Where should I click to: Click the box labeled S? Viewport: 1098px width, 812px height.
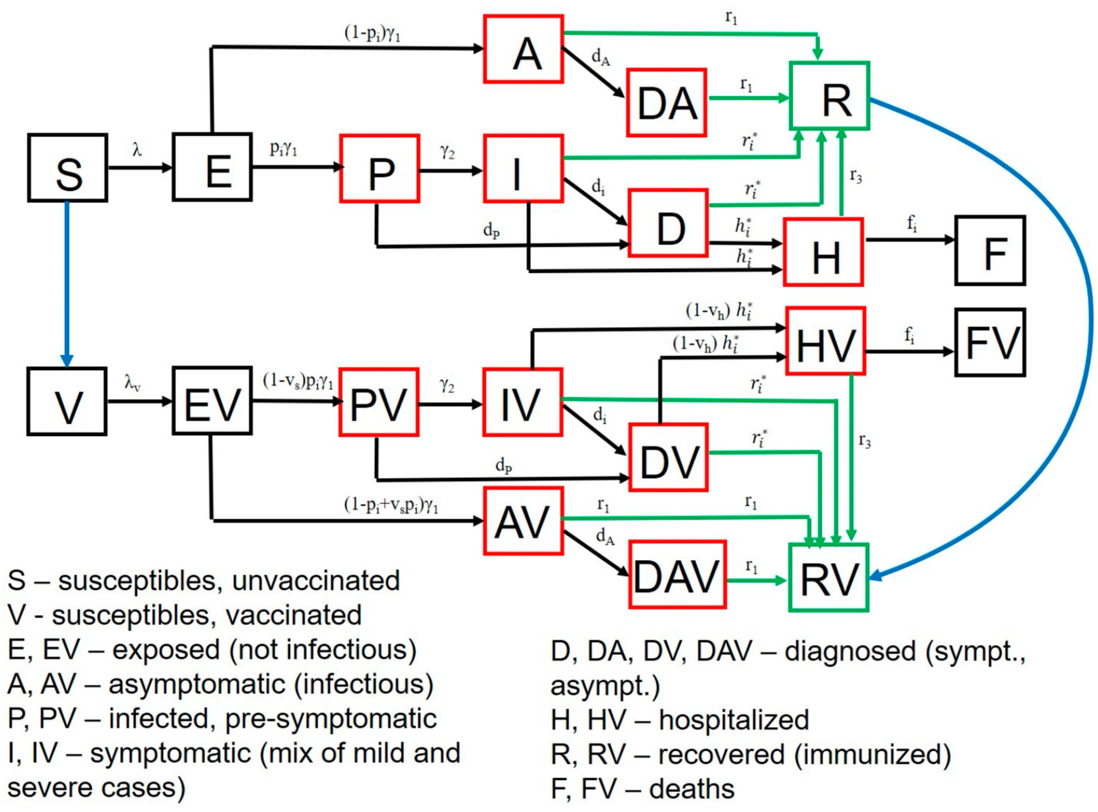[x=68, y=168]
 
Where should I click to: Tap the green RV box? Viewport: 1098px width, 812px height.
[x=829, y=578]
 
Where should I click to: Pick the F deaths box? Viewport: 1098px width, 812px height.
[x=990, y=251]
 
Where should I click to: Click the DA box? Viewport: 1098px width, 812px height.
[x=666, y=103]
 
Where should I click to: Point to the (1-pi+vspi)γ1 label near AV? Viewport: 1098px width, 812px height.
[x=391, y=505]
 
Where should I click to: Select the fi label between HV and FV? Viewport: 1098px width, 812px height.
[x=909, y=336]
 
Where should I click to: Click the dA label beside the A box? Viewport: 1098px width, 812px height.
[x=600, y=58]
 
